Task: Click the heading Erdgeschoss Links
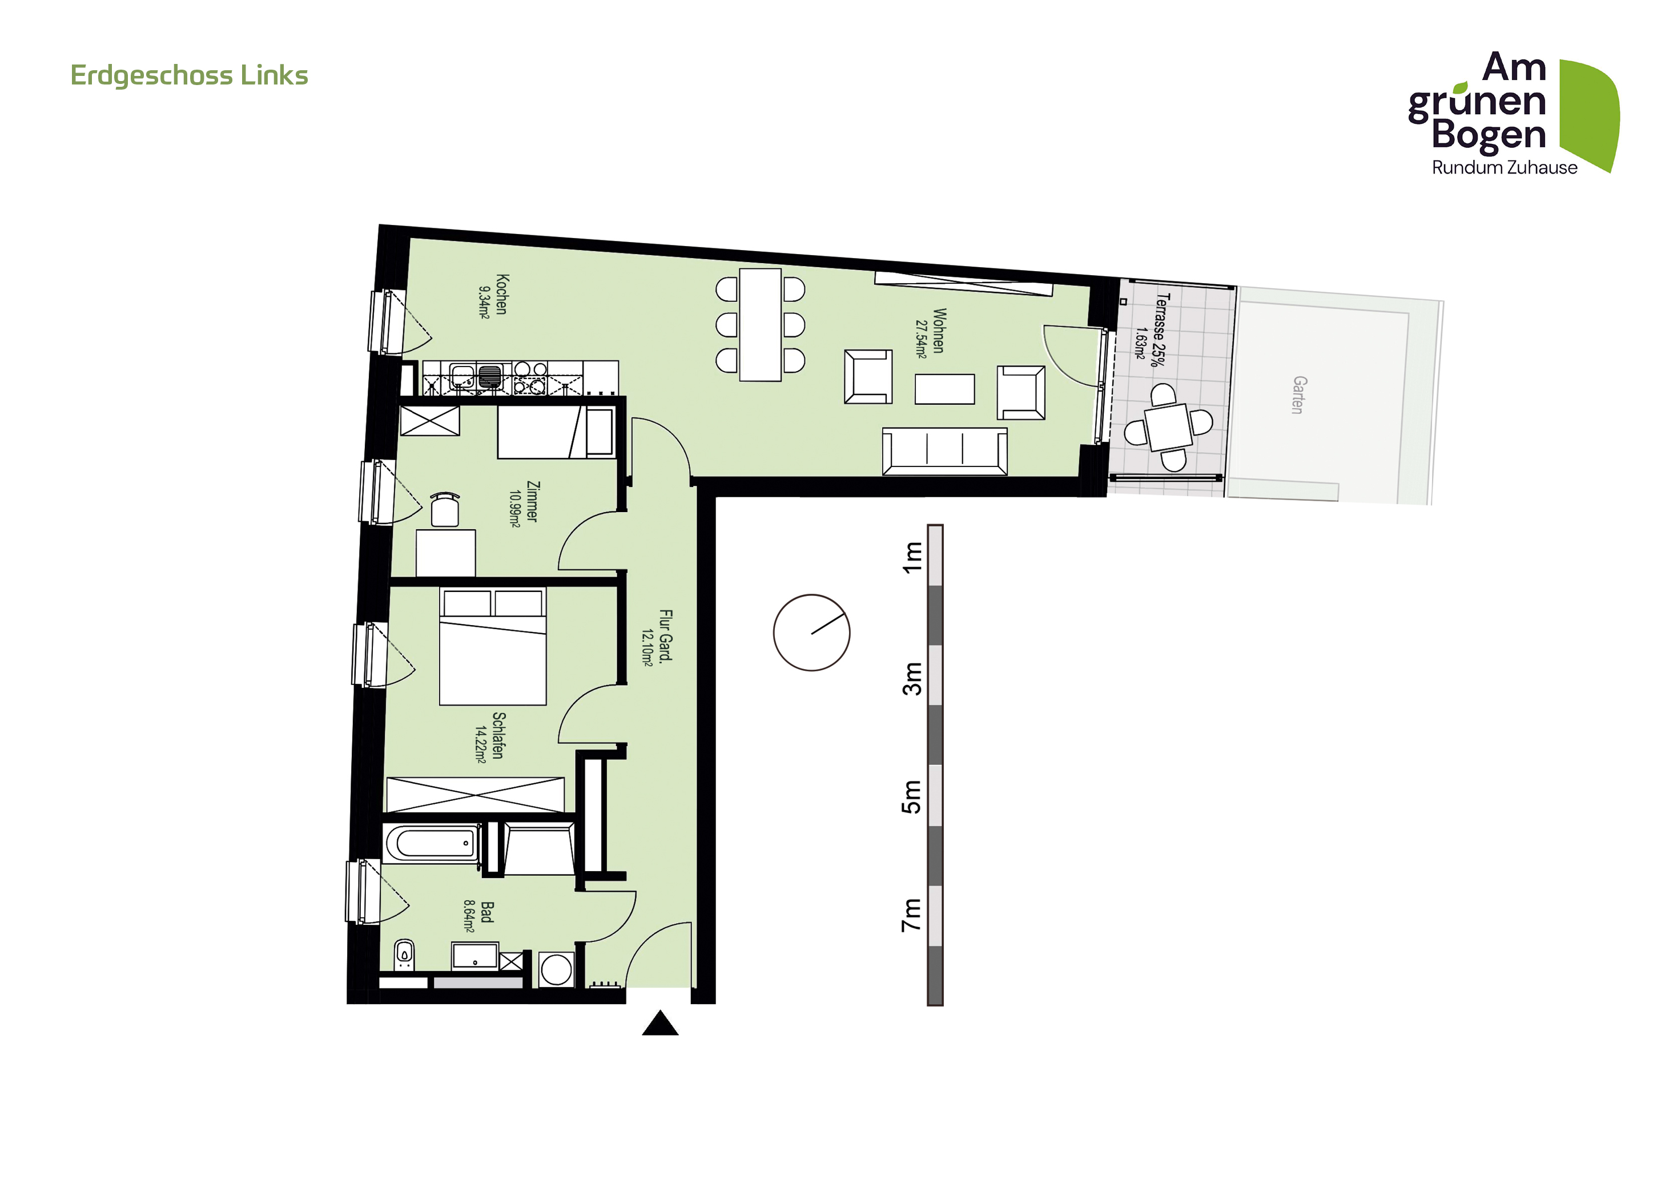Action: [x=189, y=75]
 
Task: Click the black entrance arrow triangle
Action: [x=660, y=1022]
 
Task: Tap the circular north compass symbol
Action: [x=811, y=632]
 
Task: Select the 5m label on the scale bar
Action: [x=911, y=796]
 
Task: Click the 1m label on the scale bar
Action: [x=911, y=557]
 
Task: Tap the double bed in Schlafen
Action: [x=493, y=646]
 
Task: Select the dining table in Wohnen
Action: [x=761, y=325]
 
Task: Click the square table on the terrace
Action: [x=1168, y=427]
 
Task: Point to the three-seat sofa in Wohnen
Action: [x=945, y=451]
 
